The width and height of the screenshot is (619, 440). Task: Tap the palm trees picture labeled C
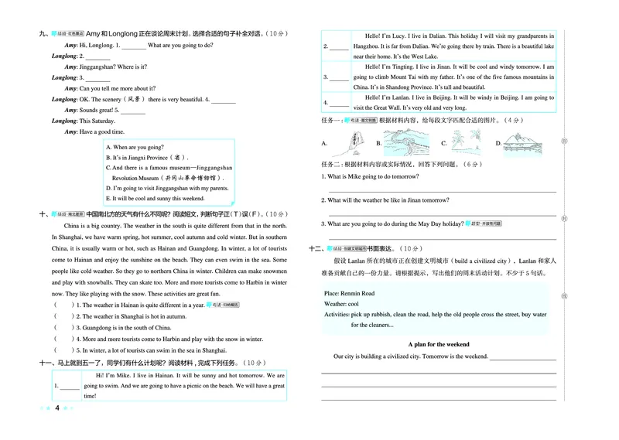coord(463,142)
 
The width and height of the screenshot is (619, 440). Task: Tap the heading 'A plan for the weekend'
coord(438,344)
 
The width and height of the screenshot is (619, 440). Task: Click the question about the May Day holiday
coord(394,224)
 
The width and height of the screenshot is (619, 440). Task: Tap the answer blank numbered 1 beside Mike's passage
coord(69,385)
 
